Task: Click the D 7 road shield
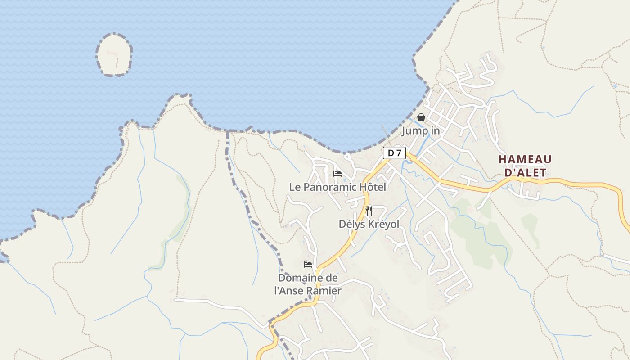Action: [394, 153]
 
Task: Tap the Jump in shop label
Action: [420, 131]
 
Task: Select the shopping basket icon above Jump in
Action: [421, 117]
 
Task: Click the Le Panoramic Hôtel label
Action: [337, 187]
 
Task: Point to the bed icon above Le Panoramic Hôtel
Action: [337, 174]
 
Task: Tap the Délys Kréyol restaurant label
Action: [369, 224]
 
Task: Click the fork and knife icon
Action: [369, 211]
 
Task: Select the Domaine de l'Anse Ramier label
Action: [308, 284]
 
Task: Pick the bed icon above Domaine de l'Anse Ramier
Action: [308, 265]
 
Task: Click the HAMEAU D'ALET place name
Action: [525, 166]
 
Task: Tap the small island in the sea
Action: [114, 55]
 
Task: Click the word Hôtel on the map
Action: [371, 187]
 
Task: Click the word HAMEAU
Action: [525, 159]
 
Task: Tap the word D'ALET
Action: [525, 172]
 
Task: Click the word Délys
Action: [350, 224]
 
